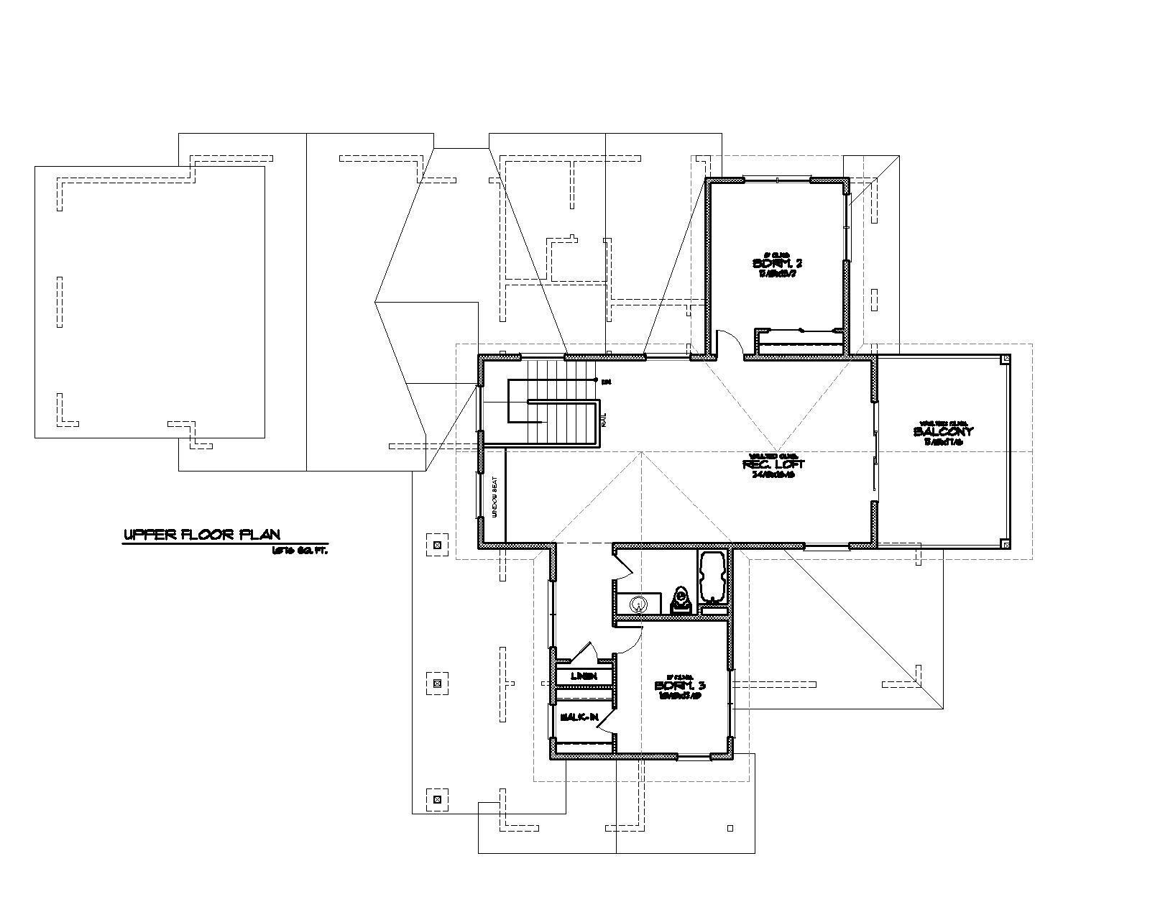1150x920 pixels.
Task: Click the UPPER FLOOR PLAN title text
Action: [202, 535]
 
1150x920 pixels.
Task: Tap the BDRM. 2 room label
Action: [772, 264]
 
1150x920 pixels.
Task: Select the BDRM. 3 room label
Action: [679, 686]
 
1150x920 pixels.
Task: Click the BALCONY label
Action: [943, 432]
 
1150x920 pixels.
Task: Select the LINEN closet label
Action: [583, 676]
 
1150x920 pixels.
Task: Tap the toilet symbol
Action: [679, 598]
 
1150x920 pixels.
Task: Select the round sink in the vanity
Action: [638, 604]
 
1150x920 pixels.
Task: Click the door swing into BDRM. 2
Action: [728, 344]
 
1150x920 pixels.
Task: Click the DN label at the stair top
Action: [606, 380]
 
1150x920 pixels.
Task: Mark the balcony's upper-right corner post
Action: [1006, 359]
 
